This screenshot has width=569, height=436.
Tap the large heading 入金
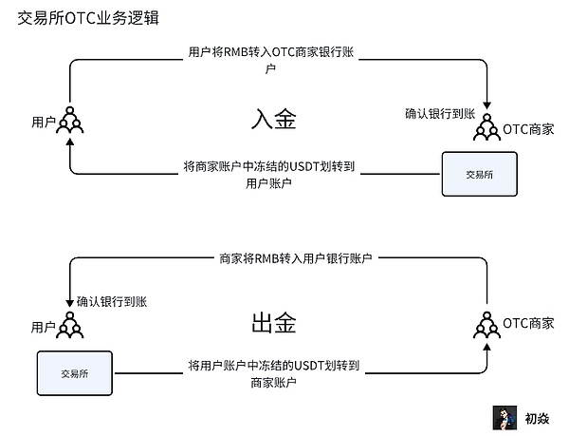click(274, 119)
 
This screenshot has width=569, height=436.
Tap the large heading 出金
click(274, 323)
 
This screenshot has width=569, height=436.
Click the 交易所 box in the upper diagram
click(480, 175)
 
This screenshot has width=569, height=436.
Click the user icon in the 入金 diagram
click(69, 121)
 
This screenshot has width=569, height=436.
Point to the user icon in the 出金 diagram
click(69, 325)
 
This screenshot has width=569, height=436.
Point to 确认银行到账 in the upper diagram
click(439, 113)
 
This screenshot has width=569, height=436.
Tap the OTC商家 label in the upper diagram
click(528, 128)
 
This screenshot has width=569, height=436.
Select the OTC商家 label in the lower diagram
click(528, 323)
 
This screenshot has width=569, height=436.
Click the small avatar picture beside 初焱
click(504, 417)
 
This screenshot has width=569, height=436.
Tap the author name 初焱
click(538, 418)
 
